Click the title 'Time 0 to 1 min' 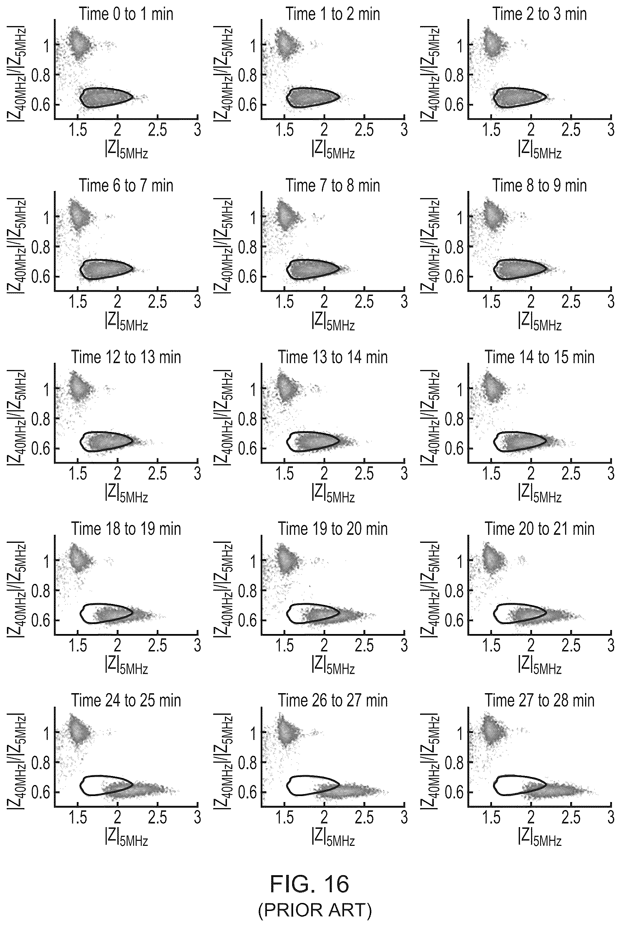coord(126,14)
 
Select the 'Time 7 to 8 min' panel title coord(333,186)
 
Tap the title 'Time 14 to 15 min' coord(540,357)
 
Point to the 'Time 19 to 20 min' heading coord(333,529)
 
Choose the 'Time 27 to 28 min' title coord(540,701)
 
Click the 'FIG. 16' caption coord(310,884)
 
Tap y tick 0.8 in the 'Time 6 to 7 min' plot coord(41,247)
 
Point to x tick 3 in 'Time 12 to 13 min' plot coord(197,473)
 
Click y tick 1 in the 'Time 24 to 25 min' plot coord(47,732)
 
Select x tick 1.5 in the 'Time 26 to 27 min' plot coord(284,816)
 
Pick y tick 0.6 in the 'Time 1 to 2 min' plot coord(248,105)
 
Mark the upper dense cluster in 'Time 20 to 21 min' coord(492,560)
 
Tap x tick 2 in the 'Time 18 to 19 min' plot coord(118,645)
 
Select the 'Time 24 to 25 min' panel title coord(126,701)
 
